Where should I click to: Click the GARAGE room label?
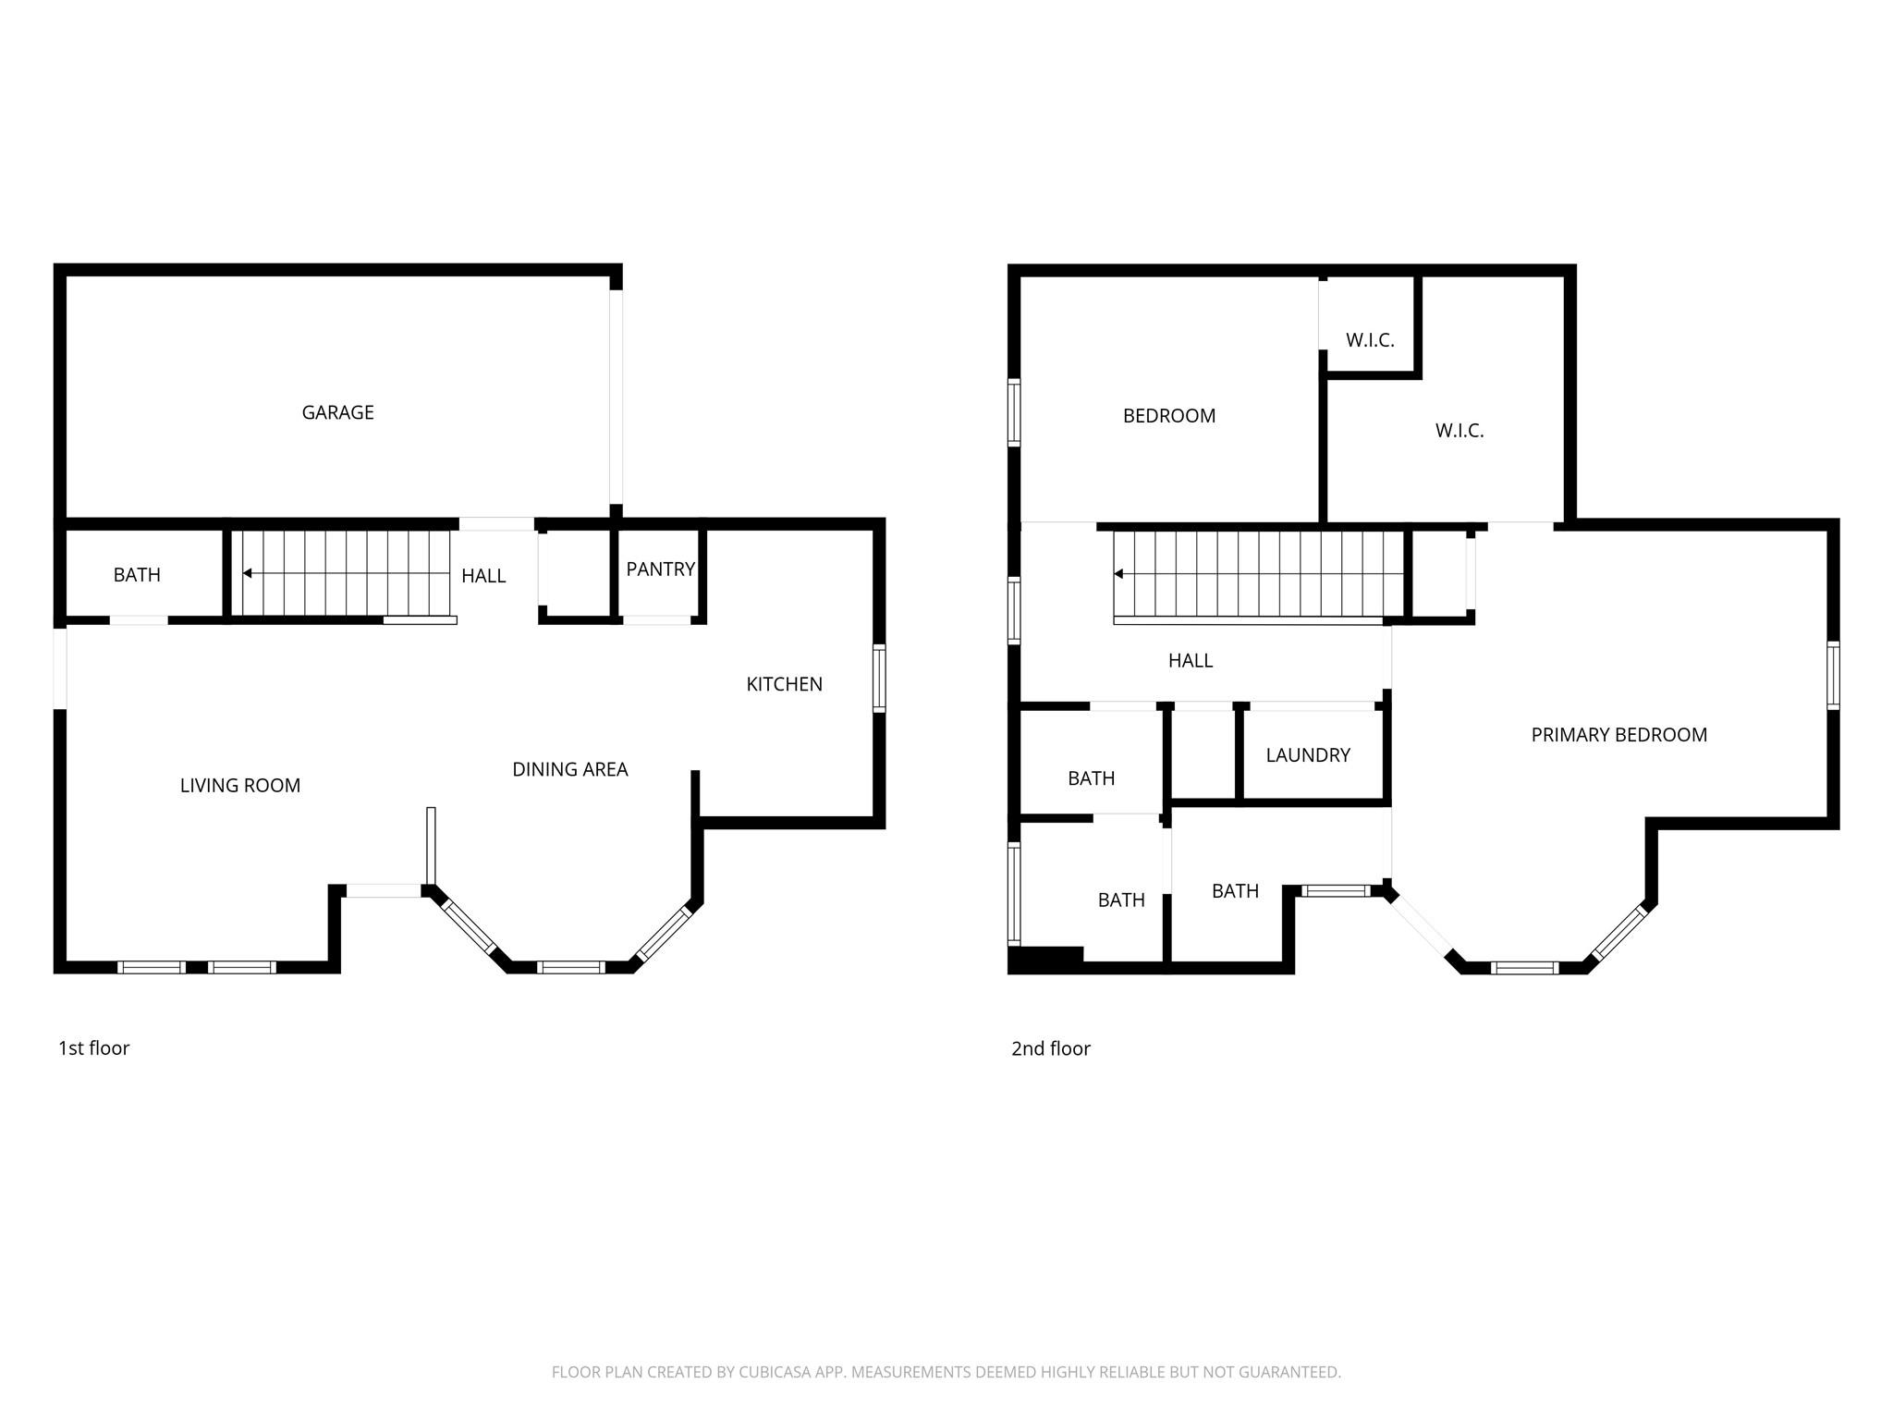point(337,412)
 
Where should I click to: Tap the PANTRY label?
point(660,569)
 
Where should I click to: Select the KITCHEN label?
point(784,684)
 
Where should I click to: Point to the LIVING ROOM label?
point(240,786)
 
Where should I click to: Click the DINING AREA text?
point(570,769)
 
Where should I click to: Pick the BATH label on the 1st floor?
point(137,575)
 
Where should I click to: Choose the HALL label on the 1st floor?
point(483,576)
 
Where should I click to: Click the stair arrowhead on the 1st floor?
point(247,573)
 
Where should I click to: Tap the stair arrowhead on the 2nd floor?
point(1118,574)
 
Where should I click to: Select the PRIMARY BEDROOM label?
point(1619,735)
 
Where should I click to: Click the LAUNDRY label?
point(1308,755)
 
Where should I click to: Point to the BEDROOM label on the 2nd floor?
point(1169,416)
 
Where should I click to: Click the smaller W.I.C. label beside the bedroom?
point(1370,340)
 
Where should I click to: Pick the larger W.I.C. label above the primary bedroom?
point(1459,431)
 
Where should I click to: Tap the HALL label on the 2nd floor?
point(1191,661)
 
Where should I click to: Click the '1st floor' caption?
point(93,1048)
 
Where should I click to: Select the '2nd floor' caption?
point(1051,1048)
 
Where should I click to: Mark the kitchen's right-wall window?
point(880,679)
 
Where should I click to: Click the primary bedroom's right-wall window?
point(1834,676)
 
